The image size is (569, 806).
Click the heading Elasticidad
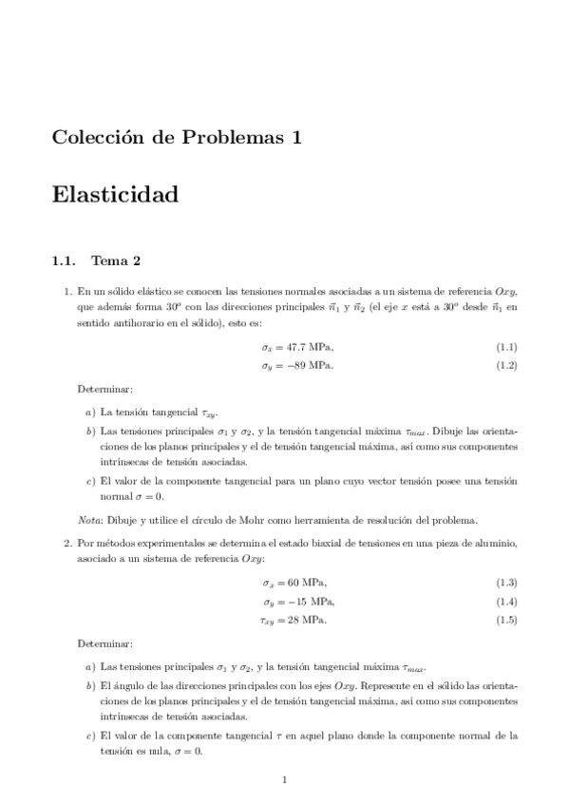coord(116,196)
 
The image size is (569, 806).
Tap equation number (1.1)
coord(506,348)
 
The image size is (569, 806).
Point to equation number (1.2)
coord(506,366)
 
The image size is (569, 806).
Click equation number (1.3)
coord(506,582)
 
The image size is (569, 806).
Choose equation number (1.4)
coord(506,602)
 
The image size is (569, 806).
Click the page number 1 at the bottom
coord(284,780)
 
